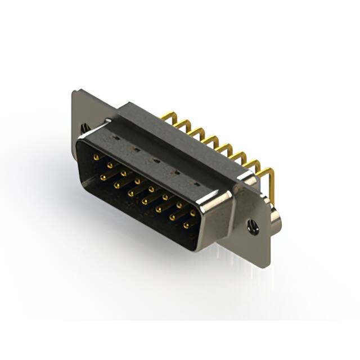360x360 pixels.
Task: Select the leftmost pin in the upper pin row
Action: pyautogui.click(x=96, y=157)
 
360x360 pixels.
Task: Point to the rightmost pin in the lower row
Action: pyautogui.click(x=186, y=225)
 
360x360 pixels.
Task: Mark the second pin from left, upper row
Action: pyautogui.click(x=110, y=165)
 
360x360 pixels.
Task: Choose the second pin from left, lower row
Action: pyautogui.click(x=117, y=185)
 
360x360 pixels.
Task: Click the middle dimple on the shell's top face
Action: pyautogui.click(x=154, y=160)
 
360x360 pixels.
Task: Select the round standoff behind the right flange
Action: pyautogui.click(x=275, y=217)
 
